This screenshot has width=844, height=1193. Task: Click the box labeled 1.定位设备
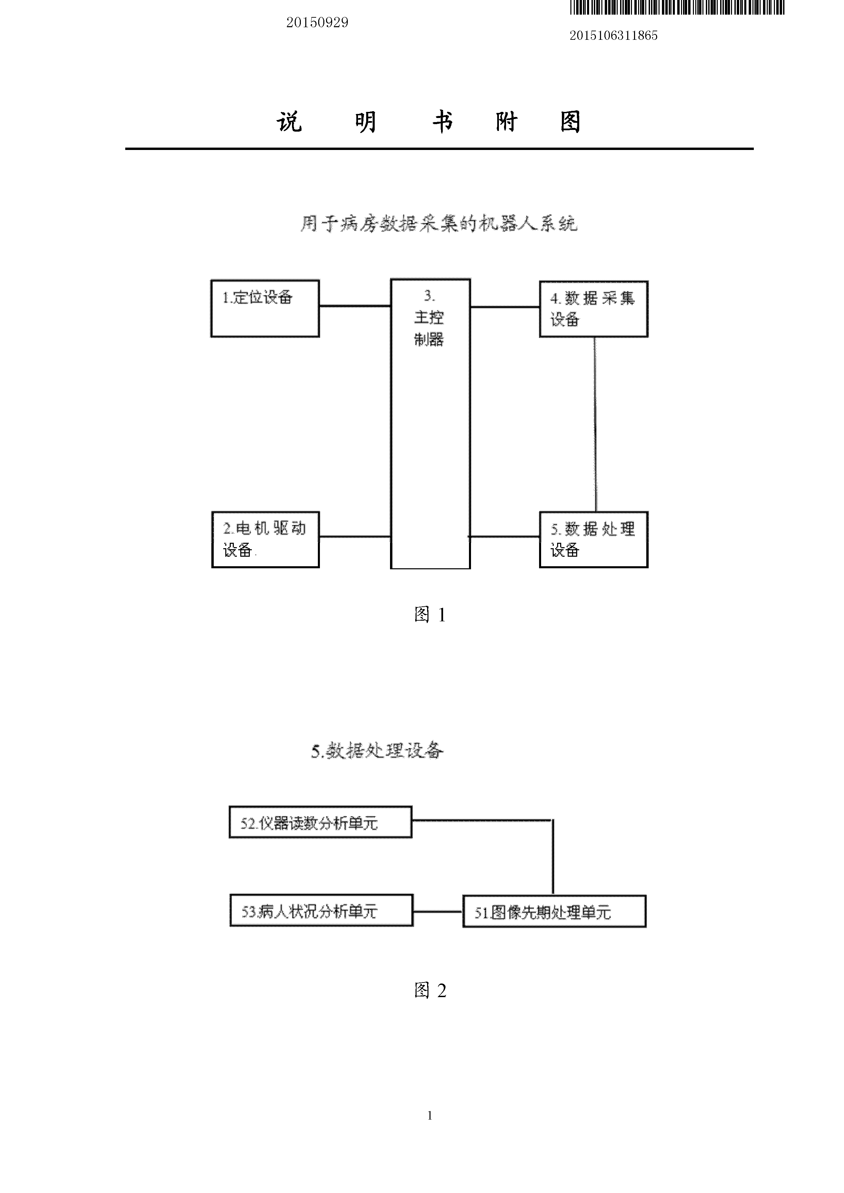point(265,309)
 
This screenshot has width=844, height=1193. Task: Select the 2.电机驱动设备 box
point(265,539)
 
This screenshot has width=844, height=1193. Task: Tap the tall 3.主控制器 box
point(430,423)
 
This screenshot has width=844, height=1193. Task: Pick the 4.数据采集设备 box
point(593,309)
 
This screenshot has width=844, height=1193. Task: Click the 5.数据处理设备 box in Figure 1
point(593,539)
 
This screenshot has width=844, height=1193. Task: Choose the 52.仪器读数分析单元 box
point(320,822)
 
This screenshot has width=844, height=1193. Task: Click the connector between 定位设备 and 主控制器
point(355,306)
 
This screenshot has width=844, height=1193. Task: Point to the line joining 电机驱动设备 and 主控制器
point(355,537)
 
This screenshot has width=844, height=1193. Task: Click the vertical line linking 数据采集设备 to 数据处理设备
point(596,423)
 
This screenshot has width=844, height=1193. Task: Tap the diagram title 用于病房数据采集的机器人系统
point(438,224)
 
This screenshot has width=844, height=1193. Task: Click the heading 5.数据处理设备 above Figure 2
point(377,751)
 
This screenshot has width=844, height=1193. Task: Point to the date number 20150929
point(317,22)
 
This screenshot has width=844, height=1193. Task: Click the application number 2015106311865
point(614,35)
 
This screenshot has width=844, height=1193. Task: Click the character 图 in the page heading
point(570,122)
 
